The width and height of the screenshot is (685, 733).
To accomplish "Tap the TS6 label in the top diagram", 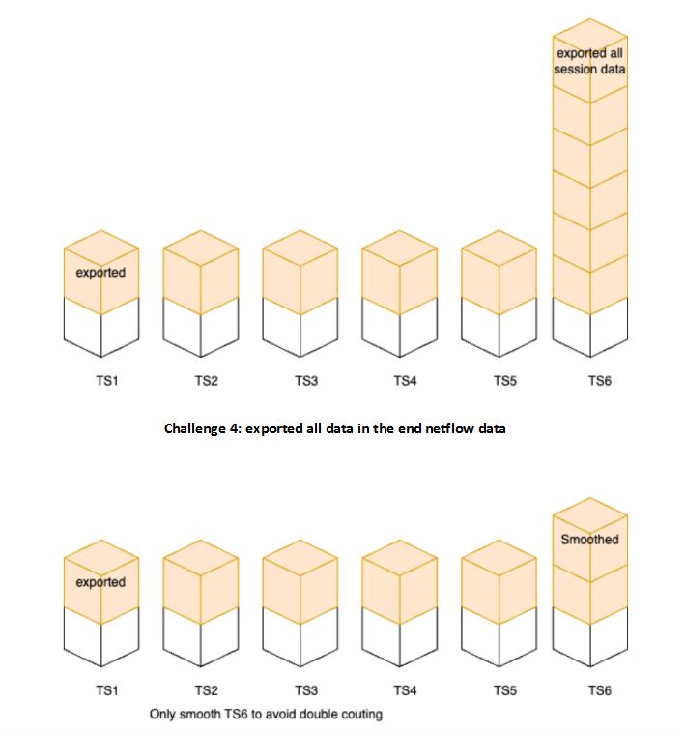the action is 600,381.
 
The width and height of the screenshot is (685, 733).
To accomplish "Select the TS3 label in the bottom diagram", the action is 305,691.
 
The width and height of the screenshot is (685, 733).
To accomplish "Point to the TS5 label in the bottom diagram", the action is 504,691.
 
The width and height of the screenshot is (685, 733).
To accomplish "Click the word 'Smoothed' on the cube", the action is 589,540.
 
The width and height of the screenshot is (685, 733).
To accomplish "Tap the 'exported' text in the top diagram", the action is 100,273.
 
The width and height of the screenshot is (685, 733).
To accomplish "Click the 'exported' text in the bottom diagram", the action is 100,582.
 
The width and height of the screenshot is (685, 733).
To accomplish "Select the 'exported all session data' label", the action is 589,61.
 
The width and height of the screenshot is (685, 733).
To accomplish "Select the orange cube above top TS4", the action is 399,272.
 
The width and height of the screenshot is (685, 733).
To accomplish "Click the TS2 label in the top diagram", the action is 206,381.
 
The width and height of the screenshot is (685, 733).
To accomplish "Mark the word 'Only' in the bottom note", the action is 163,715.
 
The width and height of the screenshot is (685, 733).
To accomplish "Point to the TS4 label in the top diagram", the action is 405,381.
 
